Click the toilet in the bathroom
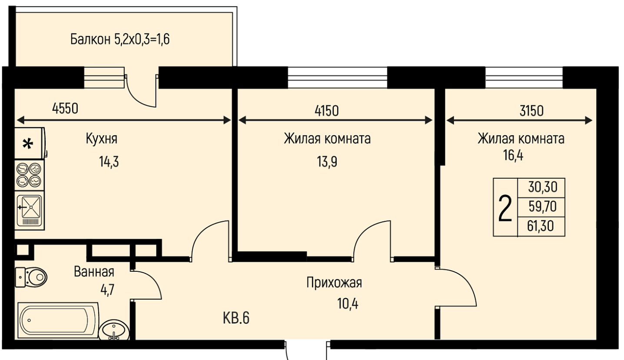[x=31, y=277]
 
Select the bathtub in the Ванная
[x=58, y=320]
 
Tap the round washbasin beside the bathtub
[x=115, y=330]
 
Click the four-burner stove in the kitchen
[x=29, y=175]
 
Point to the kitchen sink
[x=29, y=210]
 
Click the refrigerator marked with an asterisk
[x=30, y=143]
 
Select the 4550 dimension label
[x=65, y=109]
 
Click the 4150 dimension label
[x=327, y=111]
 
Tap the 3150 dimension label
[x=531, y=111]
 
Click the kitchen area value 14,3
[x=109, y=162]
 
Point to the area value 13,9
[x=327, y=162]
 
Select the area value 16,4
[x=513, y=156]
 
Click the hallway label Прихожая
[x=334, y=283]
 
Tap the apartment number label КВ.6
[x=236, y=318]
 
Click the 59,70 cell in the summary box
[x=542, y=207]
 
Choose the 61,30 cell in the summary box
[x=541, y=226]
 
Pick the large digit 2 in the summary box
[x=505, y=208]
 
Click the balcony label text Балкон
[x=90, y=40]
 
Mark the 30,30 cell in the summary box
[x=543, y=187]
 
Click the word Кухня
[x=102, y=139]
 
